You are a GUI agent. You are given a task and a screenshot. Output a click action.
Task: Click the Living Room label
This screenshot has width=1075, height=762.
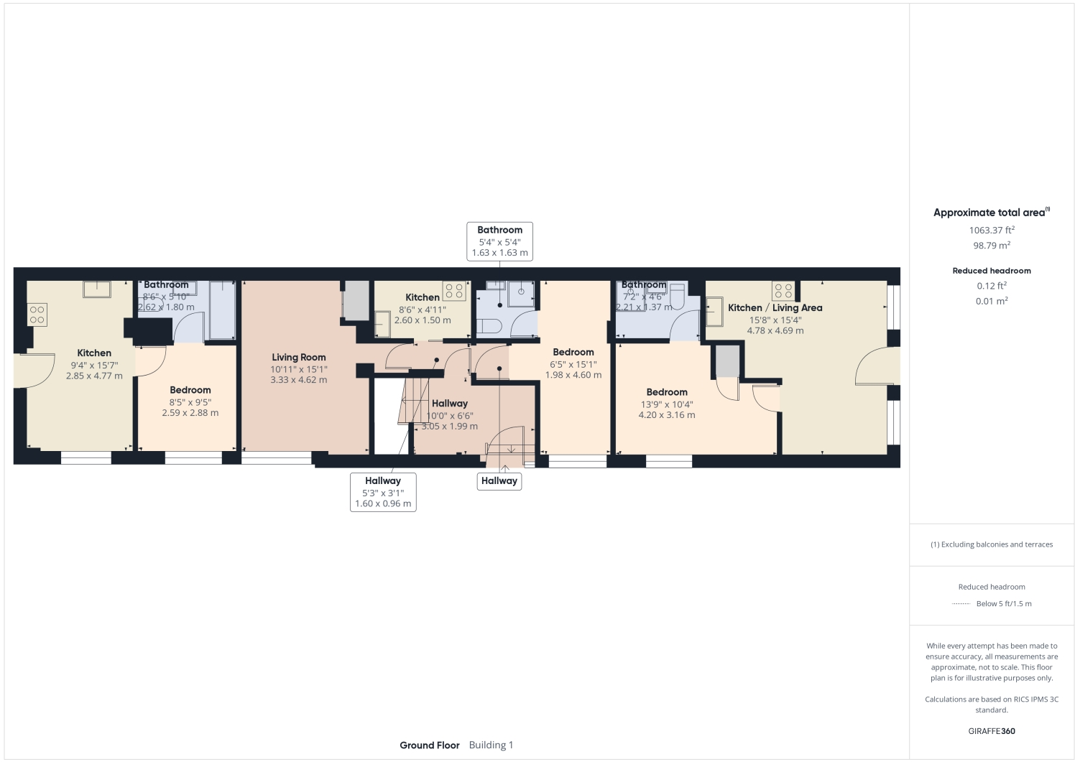point(298,357)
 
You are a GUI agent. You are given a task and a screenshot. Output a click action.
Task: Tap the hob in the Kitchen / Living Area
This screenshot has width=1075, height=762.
point(783,291)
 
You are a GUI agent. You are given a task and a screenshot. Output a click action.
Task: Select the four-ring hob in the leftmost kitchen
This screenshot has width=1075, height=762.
point(37,315)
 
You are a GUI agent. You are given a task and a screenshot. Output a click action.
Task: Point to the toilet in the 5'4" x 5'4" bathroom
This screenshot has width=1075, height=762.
point(489,326)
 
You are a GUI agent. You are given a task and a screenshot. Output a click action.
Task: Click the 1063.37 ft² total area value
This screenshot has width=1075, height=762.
point(991,231)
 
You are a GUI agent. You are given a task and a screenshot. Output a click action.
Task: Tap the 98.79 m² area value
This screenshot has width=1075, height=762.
point(991,246)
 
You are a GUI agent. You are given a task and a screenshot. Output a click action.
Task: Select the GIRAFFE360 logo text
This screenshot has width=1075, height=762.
point(991,731)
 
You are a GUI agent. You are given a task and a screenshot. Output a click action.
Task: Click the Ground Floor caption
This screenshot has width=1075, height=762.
point(429,745)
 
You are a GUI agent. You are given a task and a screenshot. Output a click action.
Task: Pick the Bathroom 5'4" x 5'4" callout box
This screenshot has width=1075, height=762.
point(499,241)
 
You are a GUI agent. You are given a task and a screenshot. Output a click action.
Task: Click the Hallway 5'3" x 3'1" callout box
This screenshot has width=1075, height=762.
point(383,492)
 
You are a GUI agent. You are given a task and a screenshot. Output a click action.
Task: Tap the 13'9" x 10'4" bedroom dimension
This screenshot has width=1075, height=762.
point(666,404)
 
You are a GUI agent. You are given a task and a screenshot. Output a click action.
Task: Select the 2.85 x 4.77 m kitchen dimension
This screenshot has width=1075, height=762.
point(94,376)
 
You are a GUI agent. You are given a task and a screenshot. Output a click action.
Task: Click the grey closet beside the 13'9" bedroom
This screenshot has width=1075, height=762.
point(726,361)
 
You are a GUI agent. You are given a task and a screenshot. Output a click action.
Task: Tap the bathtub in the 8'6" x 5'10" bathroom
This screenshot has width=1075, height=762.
point(222,310)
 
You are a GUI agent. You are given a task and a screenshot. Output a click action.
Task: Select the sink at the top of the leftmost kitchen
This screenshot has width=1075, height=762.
point(97,289)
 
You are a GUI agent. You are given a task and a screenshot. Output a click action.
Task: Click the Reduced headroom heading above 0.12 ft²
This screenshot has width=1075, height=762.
point(991,271)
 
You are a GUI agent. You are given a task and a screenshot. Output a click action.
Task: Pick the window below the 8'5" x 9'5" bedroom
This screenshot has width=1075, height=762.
point(193,457)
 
